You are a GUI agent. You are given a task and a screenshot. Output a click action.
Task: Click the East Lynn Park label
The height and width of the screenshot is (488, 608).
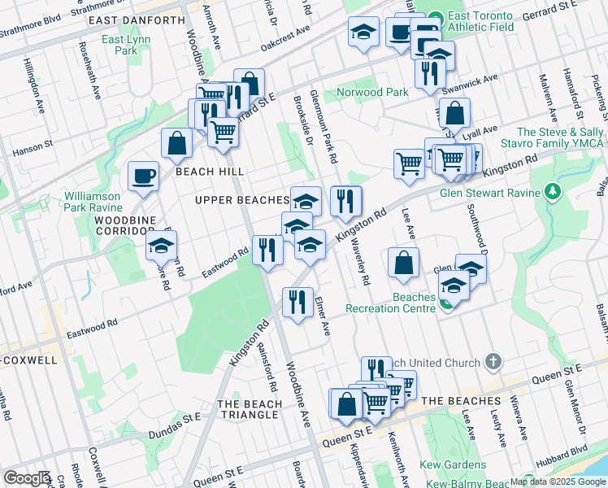tap(120, 45)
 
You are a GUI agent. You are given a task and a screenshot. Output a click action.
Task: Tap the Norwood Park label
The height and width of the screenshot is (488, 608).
tap(374, 92)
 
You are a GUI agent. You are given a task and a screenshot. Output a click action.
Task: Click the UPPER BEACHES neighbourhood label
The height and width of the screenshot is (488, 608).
tap(241, 199)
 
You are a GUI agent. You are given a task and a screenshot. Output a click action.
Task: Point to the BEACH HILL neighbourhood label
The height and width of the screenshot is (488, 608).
tap(210, 172)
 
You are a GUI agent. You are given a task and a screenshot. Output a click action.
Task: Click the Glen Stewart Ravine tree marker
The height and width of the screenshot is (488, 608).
tap(553, 192)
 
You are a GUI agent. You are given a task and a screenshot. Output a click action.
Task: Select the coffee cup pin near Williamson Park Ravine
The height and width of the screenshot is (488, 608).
tap(144, 176)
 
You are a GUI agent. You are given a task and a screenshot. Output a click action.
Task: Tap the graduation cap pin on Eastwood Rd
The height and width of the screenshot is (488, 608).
tap(161, 244)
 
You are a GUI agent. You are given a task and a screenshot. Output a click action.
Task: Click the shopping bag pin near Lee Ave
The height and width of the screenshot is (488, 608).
tap(403, 262)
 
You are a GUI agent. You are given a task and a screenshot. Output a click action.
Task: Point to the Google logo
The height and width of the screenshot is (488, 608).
tap(26, 478)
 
